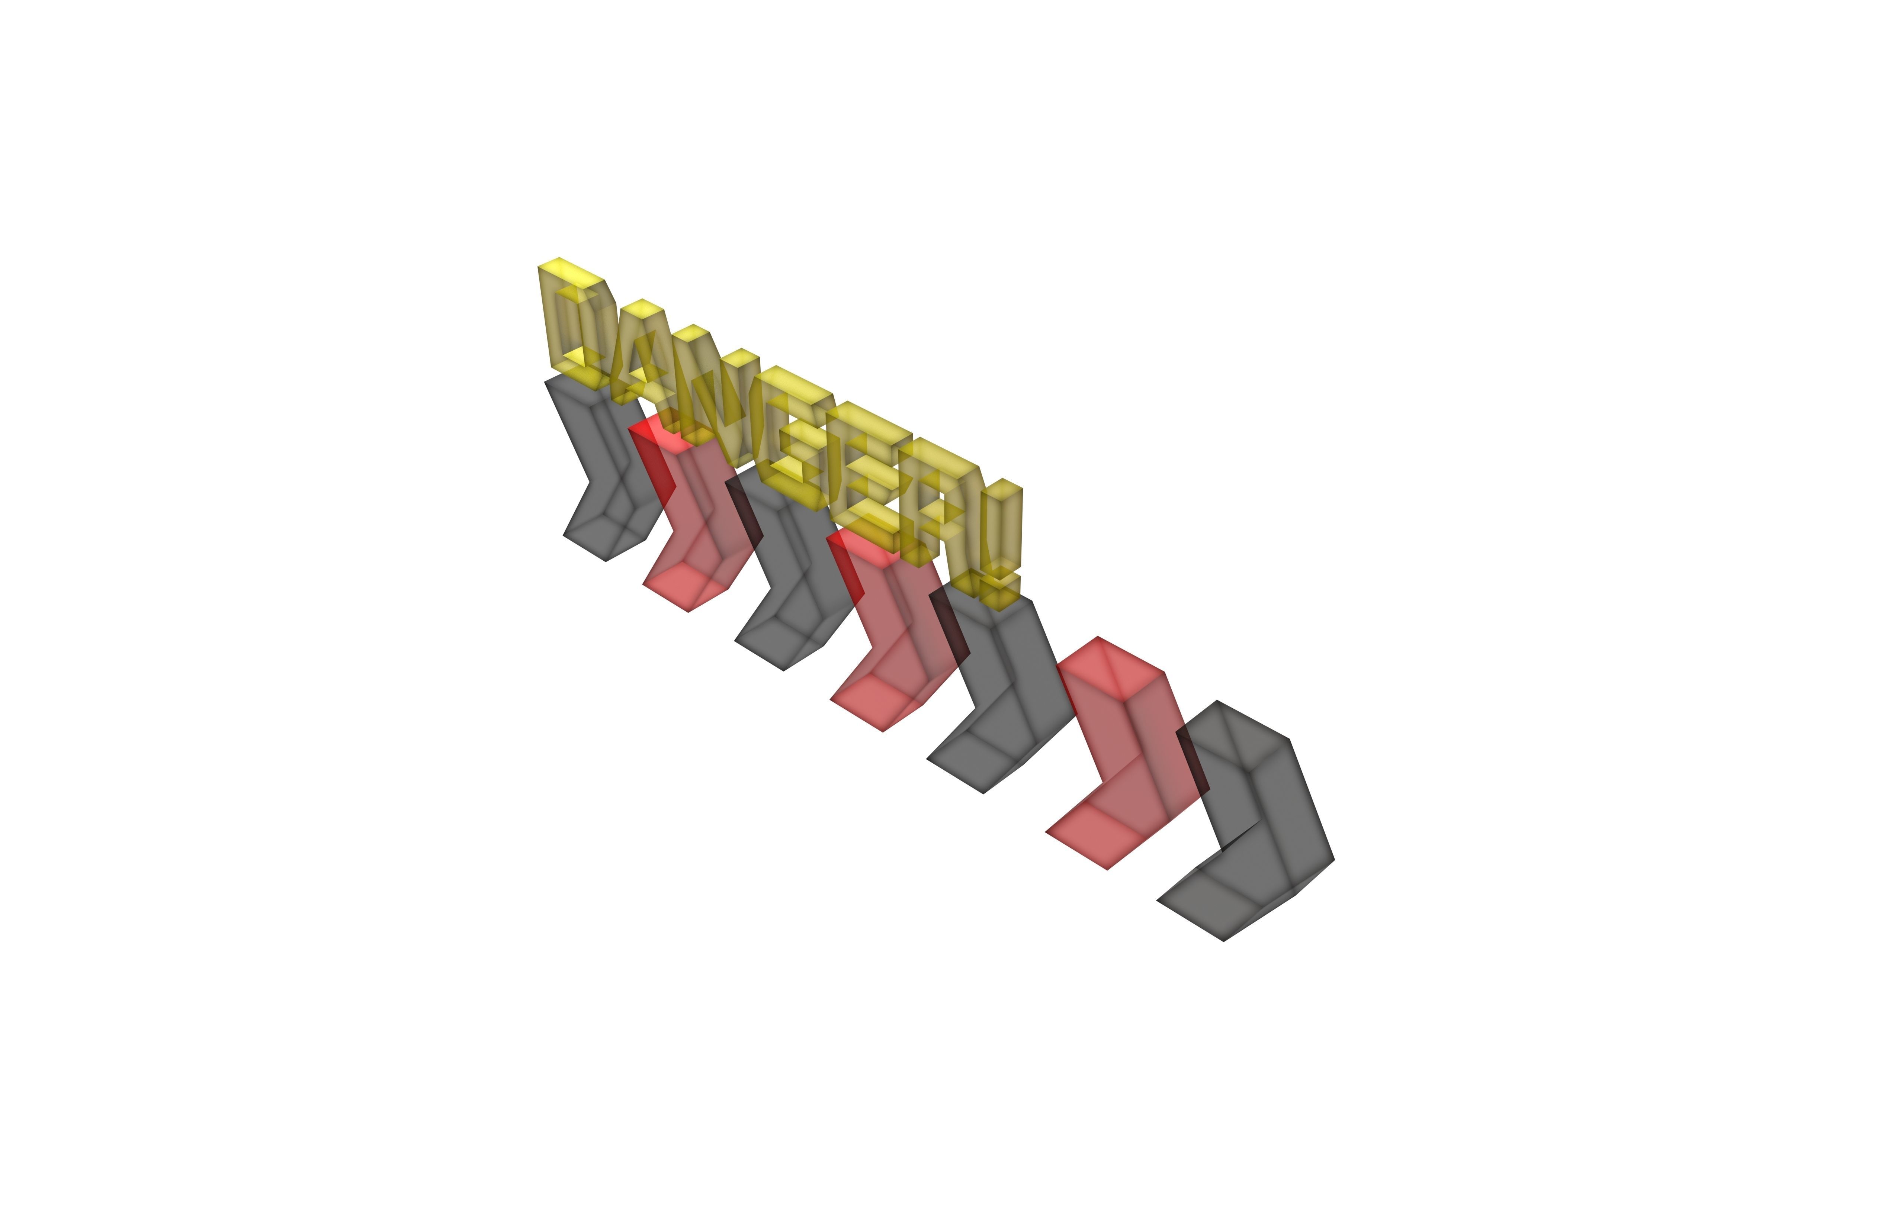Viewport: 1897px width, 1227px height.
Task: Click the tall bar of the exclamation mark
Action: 1000,526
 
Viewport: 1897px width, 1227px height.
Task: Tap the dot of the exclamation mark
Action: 1000,590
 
